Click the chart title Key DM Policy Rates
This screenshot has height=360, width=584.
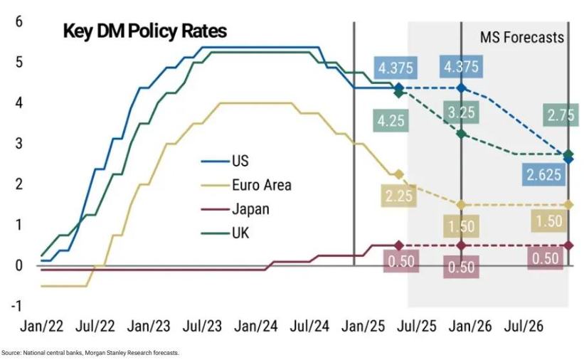pos(144,31)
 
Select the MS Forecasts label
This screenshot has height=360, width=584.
pos(522,37)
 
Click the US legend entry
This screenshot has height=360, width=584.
pos(240,161)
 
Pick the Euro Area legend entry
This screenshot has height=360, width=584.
pos(261,186)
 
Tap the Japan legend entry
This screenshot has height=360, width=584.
pos(250,209)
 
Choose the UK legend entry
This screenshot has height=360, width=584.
pos(240,233)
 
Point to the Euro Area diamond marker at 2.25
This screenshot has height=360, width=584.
pos(399,174)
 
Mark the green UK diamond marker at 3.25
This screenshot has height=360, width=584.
pos(462,134)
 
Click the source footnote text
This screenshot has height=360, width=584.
pos(90,353)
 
